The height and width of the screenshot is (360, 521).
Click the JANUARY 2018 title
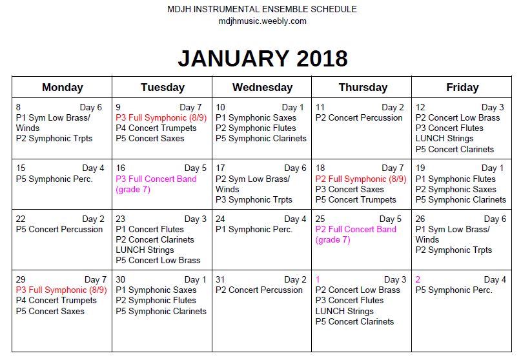tap(262, 58)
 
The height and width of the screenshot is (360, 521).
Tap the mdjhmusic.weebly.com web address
tap(262, 21)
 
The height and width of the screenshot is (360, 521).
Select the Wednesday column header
tap(262, 87)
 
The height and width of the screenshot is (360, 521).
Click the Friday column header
tap(462, 87)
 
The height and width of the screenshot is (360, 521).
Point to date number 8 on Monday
tap(19, 107)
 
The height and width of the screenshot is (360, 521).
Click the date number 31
tap(221, 279)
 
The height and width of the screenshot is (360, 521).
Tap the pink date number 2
tap(418, 279)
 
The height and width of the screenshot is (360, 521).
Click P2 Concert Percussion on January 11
tap(359, 117)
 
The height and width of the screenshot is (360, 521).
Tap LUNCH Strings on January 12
tap(445, 138)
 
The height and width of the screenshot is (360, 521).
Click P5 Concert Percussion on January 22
tap(59, 229)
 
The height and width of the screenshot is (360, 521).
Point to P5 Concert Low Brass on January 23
tap(158, 260)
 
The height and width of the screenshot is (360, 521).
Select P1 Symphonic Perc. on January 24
tap(254, 229)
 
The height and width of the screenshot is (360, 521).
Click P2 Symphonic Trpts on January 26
tap(453, 250)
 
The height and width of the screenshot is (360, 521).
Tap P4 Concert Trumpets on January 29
tap(55, 300)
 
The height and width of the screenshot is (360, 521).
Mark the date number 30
tap(121, 279)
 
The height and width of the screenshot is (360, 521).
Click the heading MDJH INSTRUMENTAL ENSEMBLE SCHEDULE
tap(262, 10)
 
